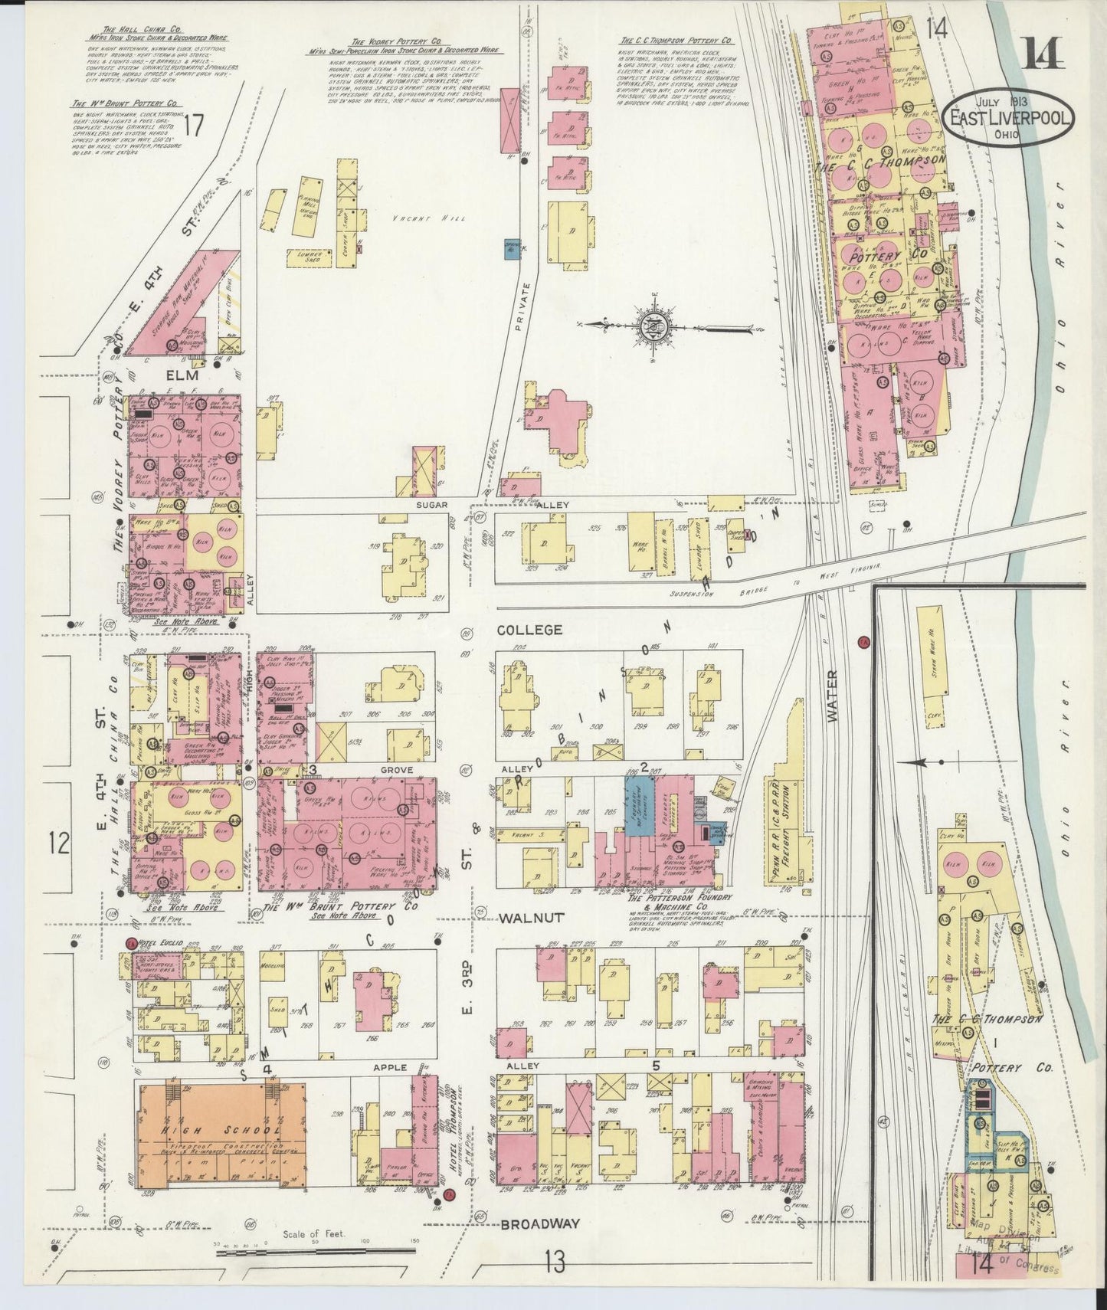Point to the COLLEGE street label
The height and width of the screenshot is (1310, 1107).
(529, 630)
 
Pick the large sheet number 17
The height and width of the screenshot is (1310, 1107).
(195, 125)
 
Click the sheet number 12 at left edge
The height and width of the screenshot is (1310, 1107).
(59, 845)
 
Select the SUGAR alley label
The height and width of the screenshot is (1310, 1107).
(431, 506)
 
